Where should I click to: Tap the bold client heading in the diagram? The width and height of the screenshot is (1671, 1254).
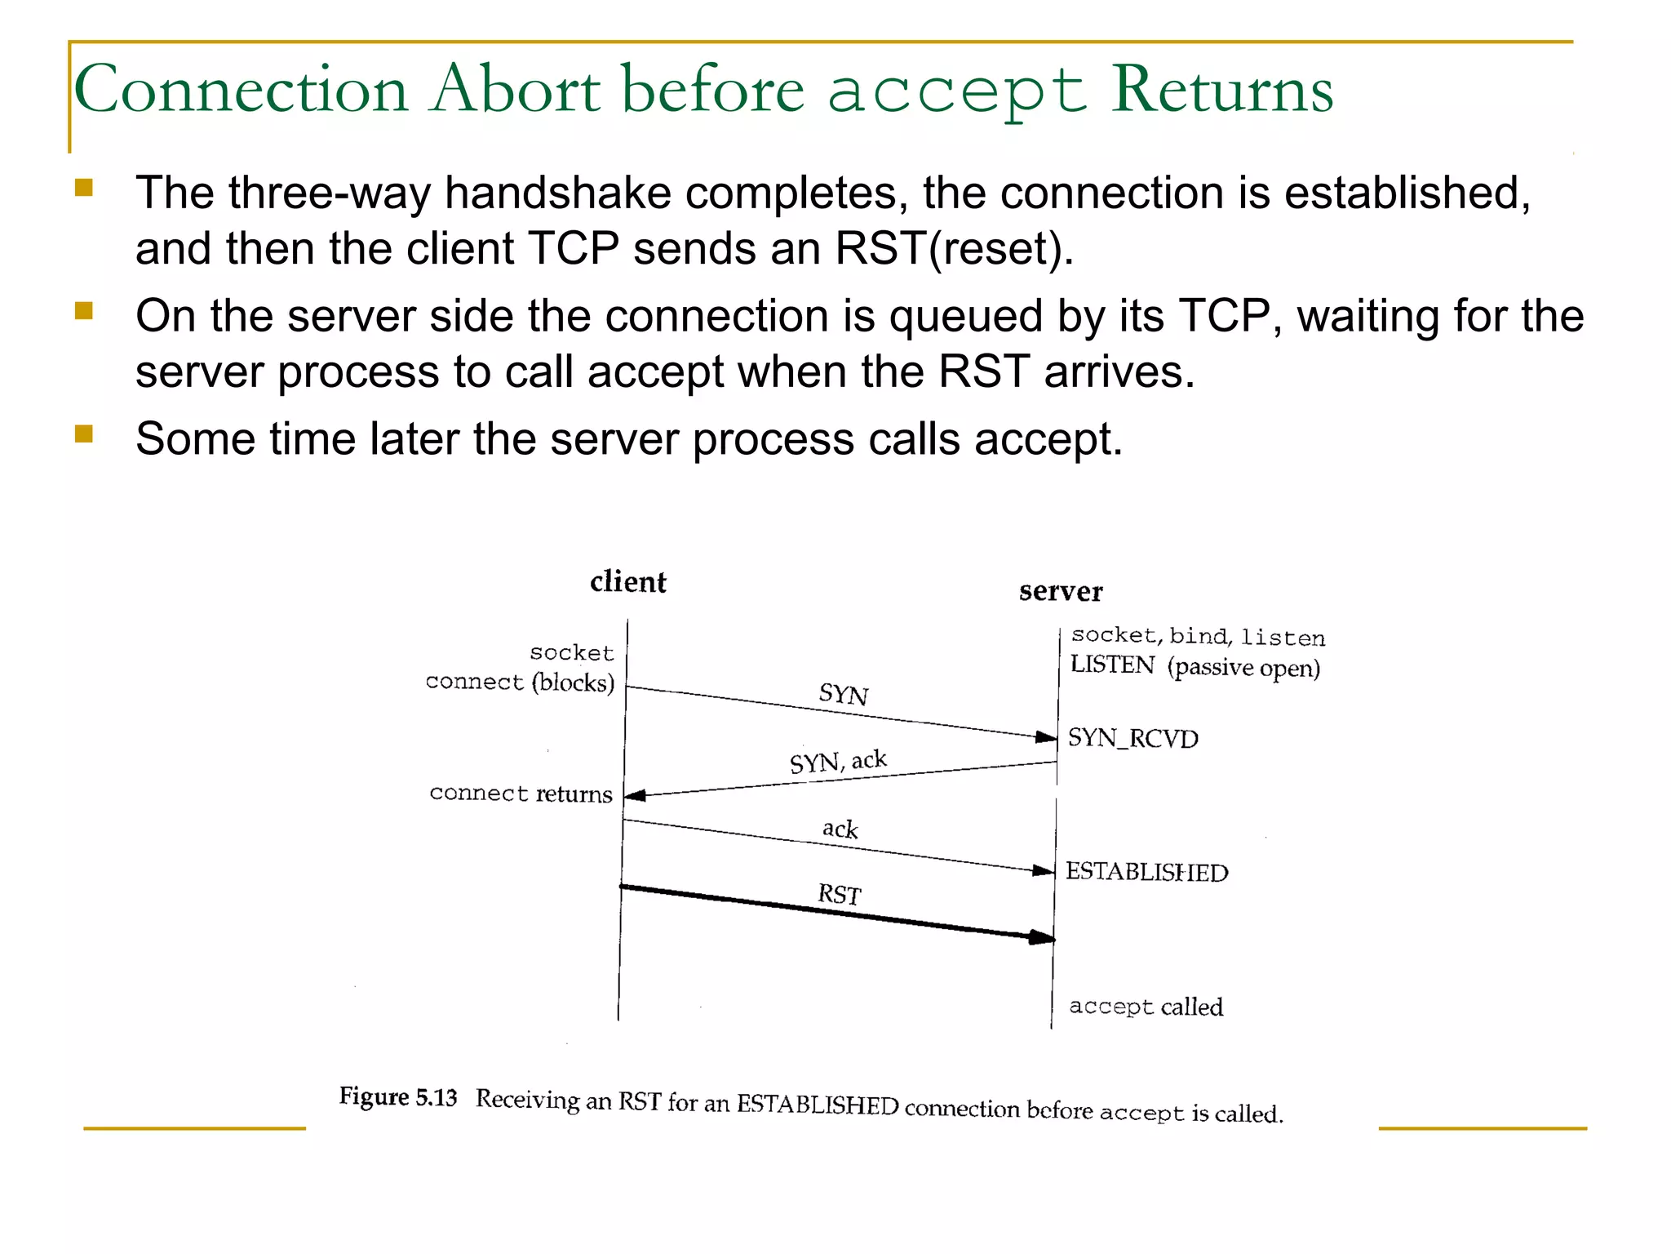pos(627,582)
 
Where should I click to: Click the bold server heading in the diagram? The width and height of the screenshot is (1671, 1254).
pos(1060,591)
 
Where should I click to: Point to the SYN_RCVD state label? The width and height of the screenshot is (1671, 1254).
pos(1132,738)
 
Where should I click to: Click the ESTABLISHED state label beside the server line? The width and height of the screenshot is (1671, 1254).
pos(1146,872)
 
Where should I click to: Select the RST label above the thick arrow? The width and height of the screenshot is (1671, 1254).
pos(839,894)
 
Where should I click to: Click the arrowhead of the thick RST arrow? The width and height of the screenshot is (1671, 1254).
pos(1043,937)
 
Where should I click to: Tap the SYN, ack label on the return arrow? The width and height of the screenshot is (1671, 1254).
pos(837,762)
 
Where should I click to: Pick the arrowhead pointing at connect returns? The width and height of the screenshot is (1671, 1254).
pos(635,795)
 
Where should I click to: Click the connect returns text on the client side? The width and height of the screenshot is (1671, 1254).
pos(521,794)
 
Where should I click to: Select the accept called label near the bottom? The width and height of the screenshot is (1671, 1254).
pos(1146,1007)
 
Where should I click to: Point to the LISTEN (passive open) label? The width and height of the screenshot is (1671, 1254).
pos(1195,666)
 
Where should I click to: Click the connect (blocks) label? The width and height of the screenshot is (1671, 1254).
pos(520,682)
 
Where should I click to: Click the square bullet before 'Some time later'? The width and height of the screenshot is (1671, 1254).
pos(83,433)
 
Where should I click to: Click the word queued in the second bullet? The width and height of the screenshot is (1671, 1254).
pos(966,317)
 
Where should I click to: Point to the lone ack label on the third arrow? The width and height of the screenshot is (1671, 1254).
pos(840,829)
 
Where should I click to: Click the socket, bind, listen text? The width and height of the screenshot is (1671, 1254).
pos(1197,636)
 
